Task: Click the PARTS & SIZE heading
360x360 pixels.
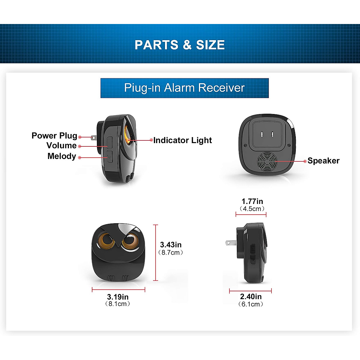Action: tap(180, 45)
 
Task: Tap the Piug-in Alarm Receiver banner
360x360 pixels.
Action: tap(184, 88)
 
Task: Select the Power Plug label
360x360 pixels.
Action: tap(54, 136)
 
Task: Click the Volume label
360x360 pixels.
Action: tap(61, 145)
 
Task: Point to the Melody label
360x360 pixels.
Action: tap(62, 156)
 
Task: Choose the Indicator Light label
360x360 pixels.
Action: tap(182, 140)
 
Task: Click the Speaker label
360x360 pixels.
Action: tap(323, 161)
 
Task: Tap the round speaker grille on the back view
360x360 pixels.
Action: tap(266, 161)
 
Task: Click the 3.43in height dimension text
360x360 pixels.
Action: tap(171, 245)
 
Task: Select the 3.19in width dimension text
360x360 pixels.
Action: tap(118, 297)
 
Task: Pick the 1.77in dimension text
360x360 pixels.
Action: tap(252, 201)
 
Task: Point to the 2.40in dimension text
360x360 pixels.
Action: tap(251, 297)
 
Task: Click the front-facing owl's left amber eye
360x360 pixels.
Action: tap(106, 240)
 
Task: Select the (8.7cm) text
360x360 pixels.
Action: tap(171, 253)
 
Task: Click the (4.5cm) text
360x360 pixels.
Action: tap(252, 209)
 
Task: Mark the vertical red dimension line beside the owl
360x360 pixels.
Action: tap(155, 253)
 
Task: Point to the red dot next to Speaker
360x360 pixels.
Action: tap(305, 161)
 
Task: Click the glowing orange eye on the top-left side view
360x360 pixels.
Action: tap(128, 135)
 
